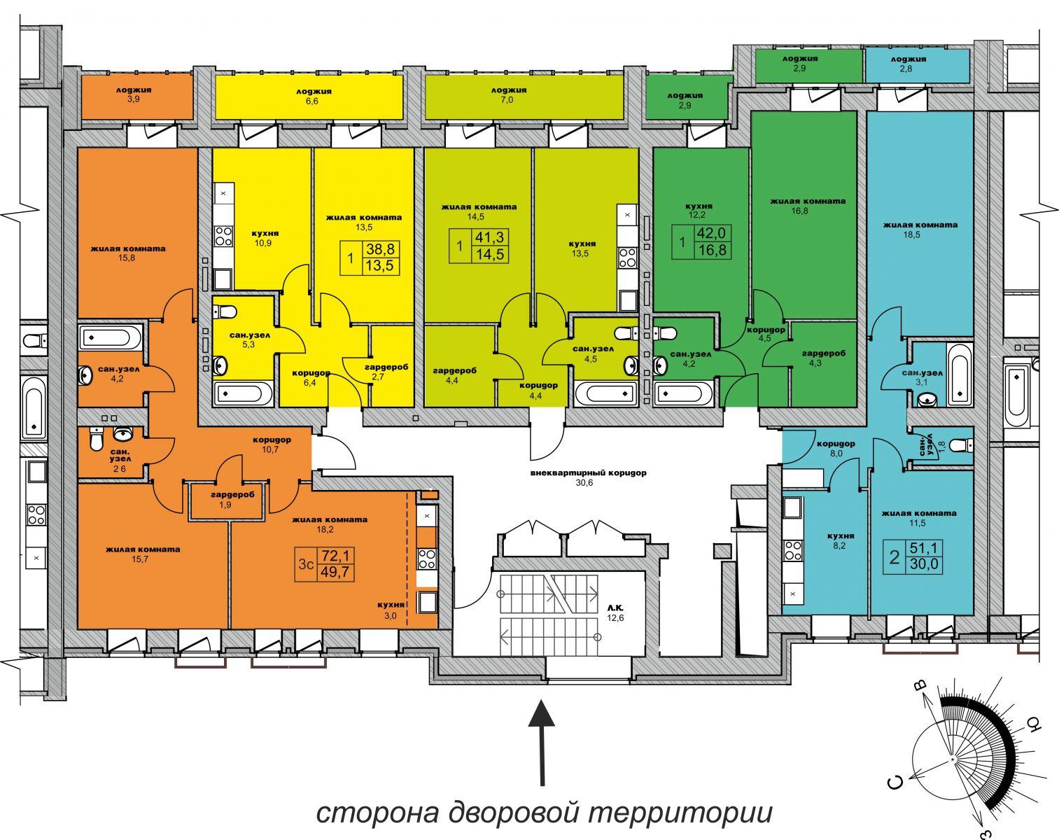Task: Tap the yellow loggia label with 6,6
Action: point(314,96)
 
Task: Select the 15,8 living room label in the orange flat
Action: point(127,253)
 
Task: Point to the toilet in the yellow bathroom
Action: point(225,311)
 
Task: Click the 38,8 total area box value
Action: point(380,249)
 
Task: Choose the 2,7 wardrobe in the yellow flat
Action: point(386,372)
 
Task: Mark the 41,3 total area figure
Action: point(490,237)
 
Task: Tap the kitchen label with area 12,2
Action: point(699,210)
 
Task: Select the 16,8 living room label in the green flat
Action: point(808,206)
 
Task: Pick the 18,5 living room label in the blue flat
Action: point(920,230)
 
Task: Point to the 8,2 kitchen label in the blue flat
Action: point(840,540)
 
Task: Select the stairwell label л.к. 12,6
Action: point(615,612)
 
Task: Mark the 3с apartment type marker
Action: point(306,564)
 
